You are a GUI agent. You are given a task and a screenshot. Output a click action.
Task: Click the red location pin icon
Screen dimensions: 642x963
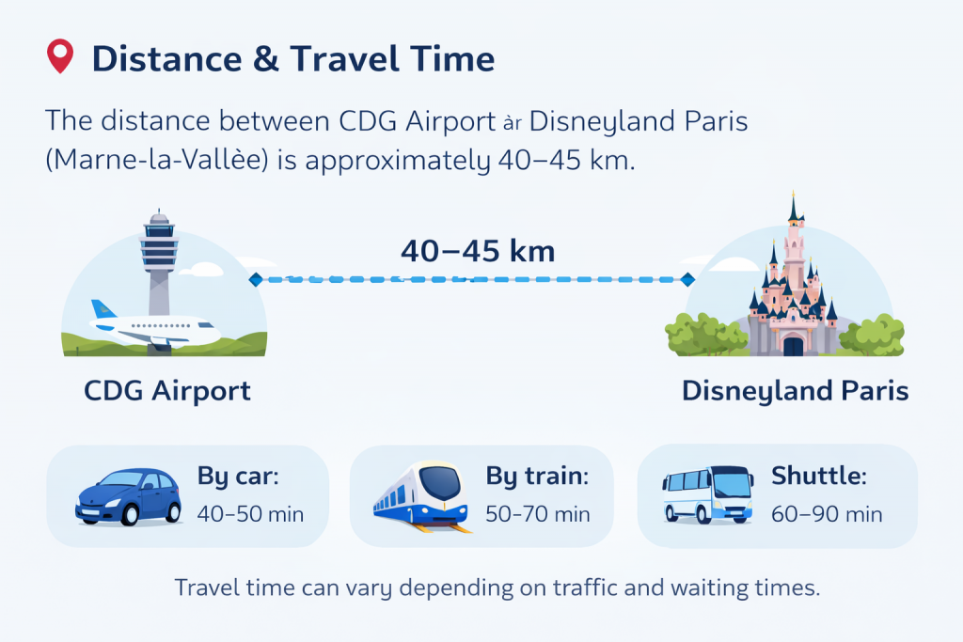[x=59, y=57]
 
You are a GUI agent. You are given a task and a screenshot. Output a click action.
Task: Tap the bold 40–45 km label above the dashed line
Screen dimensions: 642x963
[x=478, y=252]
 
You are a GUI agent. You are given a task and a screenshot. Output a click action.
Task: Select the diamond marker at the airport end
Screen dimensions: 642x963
[x=254, y=279]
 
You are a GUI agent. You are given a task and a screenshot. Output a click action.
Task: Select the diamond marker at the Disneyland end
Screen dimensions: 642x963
[x=687, y=279]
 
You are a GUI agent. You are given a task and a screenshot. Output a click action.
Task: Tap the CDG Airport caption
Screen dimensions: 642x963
[x=167, y=390]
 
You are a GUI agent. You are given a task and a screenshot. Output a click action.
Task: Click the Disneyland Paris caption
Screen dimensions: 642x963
[x=795, y=390]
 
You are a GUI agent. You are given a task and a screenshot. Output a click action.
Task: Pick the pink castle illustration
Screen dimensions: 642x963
[x=792, y=291]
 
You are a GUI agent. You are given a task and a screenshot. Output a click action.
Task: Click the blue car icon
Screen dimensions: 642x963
[x=128, y=496]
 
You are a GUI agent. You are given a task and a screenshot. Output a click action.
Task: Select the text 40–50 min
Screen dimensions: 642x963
[x=250, y=514]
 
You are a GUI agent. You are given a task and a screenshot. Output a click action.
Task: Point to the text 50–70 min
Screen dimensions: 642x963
[x=538, y=514]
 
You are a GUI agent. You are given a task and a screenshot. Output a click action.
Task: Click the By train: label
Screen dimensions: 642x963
[x=537, y=477]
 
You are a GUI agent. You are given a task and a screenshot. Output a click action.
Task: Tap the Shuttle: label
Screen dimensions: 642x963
[x=818, y=477]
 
